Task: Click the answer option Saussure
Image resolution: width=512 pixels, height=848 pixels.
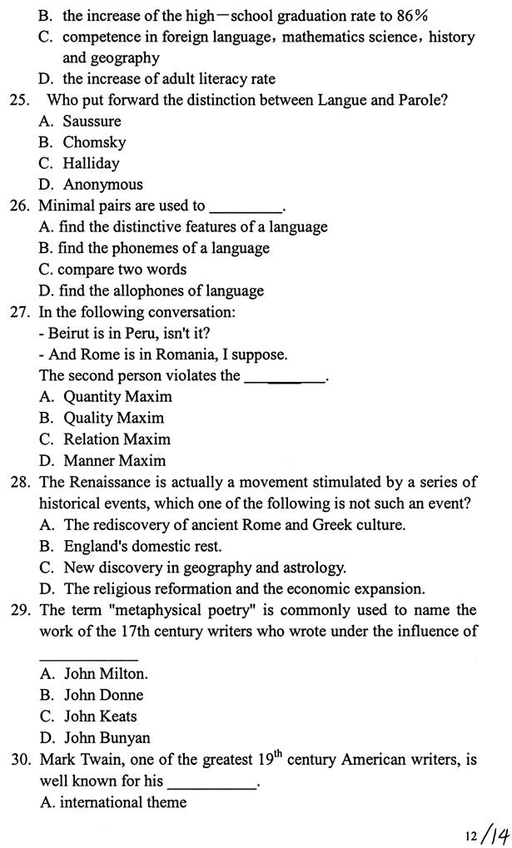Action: [92, 121]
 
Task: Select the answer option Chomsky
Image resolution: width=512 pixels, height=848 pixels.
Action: [94, 142]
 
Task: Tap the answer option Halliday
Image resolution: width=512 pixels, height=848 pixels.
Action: [91, 164]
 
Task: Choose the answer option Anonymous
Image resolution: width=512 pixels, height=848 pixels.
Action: [102, 185]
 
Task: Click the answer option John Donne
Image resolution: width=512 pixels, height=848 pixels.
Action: [103, 695]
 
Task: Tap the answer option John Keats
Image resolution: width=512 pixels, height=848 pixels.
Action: [100, 716]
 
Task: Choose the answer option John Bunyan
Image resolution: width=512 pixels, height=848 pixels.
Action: [107, 737]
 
